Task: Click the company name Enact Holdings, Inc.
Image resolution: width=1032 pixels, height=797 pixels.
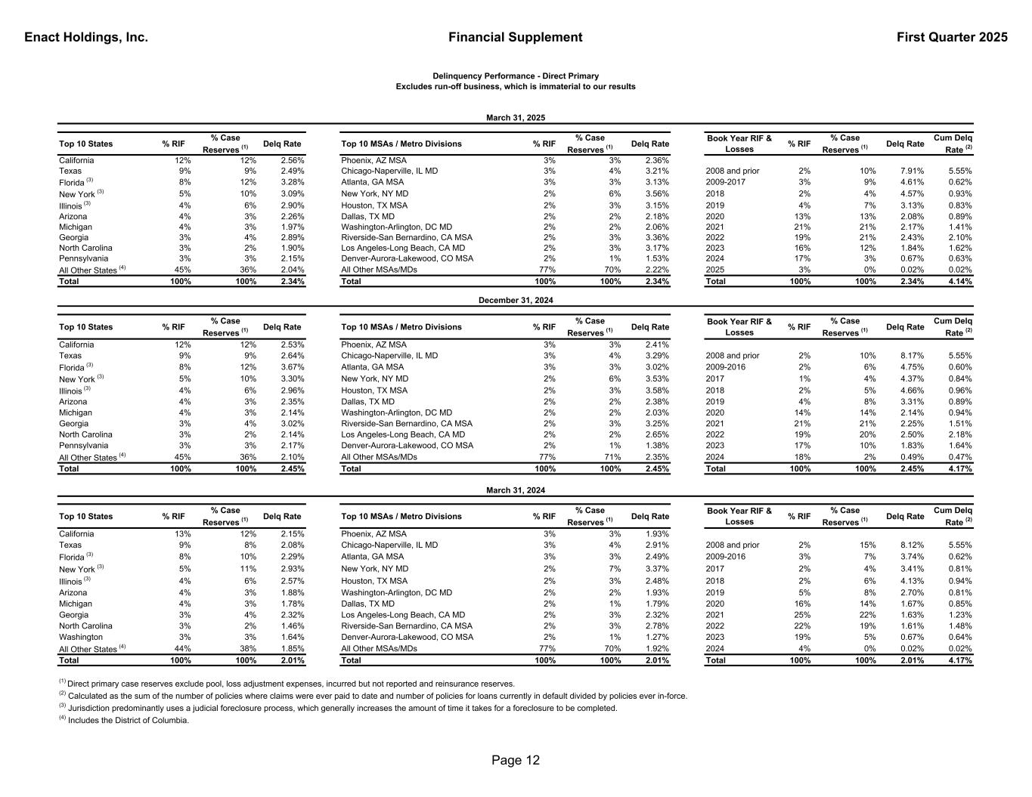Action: (86, 38)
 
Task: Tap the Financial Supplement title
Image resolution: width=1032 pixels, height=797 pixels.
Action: (515, 38)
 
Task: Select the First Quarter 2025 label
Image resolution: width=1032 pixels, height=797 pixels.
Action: (952, 38)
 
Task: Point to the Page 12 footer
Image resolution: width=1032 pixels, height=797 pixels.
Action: (516, 760)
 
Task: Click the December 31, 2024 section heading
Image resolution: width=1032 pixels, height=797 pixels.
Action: (516, 301)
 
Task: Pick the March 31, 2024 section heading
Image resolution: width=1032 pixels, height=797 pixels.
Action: (516, 490)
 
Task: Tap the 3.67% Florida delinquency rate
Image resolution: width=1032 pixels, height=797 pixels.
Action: (292, 367)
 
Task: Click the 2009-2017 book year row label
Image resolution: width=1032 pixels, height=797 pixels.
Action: (726, 182)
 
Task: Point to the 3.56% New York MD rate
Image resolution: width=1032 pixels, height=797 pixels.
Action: (656, 193)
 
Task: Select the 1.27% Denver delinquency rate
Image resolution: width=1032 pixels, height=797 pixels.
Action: (656, 637)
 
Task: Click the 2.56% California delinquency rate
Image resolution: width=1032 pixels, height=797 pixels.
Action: (292, 160)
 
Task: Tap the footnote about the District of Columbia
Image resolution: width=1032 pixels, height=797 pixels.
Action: (124, 721)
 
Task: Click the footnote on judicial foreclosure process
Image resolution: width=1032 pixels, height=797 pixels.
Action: (338, 709)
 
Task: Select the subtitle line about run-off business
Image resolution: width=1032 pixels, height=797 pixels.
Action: (516, 87)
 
